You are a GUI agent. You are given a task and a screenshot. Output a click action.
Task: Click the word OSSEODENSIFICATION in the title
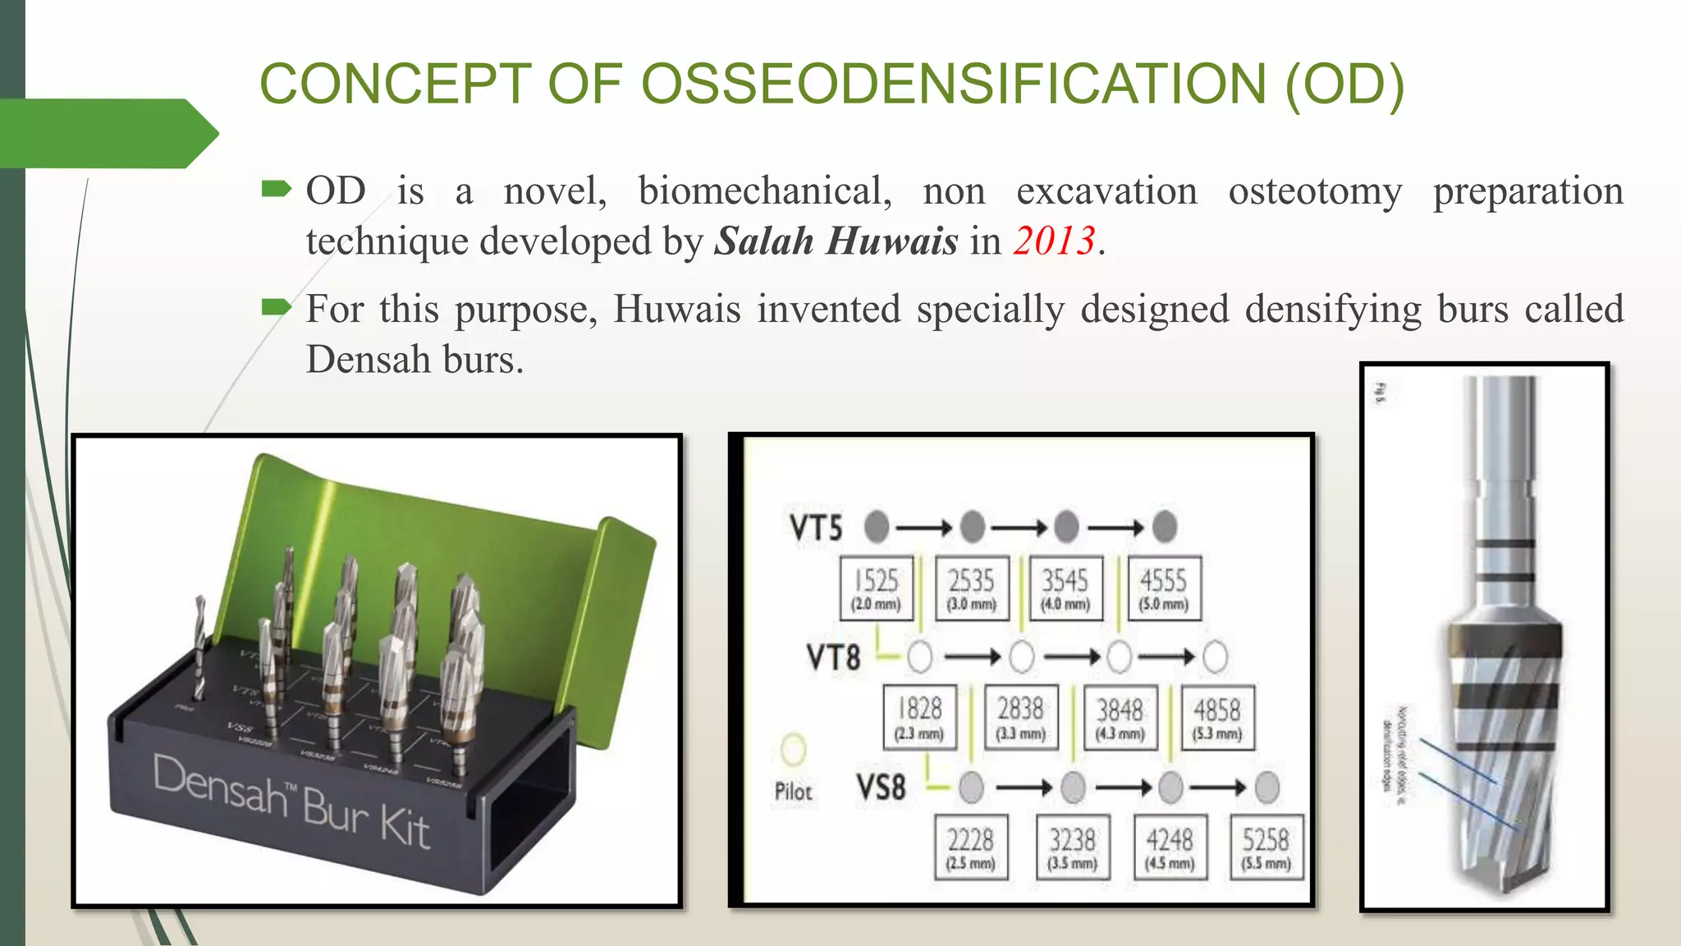coord(953,84)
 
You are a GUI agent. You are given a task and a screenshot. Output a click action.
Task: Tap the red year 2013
coord(1054,241)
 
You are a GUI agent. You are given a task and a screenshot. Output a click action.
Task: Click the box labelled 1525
coord(877,589)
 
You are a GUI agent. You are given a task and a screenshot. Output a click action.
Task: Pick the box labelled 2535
coord(972,589)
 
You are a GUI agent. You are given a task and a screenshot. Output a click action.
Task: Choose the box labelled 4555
coord(1164,589)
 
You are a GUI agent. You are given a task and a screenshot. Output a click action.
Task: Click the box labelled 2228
coord(971,847)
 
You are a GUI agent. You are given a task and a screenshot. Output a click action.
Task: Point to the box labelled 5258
coord(1266,847)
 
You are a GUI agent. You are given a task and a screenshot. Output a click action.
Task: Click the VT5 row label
coord(816,528)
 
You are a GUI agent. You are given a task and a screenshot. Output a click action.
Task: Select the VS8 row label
coord(882,788)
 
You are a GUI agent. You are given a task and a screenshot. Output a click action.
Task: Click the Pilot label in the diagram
coord(793,792)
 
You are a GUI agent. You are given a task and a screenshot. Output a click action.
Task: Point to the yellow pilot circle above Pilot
coord(793,748)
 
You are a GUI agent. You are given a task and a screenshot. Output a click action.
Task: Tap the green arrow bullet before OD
coord(276,191)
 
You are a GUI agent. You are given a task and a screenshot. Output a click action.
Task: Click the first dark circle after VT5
coord(877,526)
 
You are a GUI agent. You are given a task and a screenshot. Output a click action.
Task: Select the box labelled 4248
coord(1170,847)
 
